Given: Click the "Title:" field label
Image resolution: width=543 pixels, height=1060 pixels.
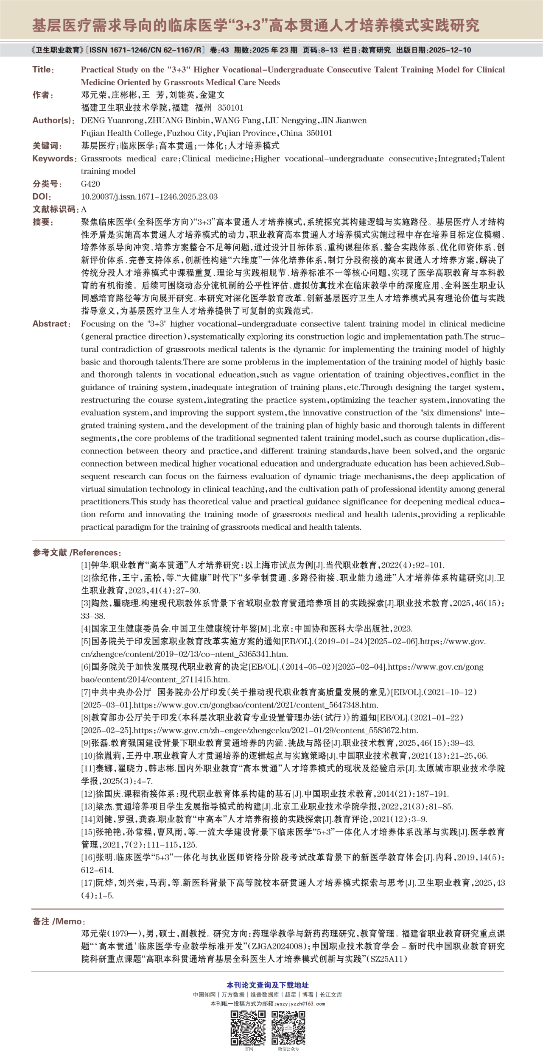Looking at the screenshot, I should tap(43, 70).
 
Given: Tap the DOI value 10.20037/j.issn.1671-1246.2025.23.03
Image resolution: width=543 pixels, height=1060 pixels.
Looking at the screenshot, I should tap(149, 197).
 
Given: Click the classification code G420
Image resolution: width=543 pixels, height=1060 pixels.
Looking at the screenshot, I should tap(90, 184).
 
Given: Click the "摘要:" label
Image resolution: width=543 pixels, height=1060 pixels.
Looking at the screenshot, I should tap(43, 222).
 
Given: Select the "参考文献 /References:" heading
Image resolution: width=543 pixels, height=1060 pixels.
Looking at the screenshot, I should tap(77, 553).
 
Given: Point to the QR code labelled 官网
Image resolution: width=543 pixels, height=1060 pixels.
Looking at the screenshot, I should tap(248, 1028).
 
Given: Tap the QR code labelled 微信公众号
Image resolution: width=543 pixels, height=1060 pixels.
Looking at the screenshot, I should tap(288, 1028).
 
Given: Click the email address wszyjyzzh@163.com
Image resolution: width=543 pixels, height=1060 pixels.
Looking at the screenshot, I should tap(300, 1004).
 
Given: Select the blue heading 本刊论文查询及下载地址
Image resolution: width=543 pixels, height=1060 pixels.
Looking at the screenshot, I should tap(268, 985).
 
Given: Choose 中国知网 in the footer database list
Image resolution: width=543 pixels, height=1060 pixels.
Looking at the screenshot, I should tap(204, 995).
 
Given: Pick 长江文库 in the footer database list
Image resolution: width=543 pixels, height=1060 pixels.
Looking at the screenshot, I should tap(331, 995).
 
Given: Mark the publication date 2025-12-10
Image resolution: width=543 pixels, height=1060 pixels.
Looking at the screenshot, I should tap(450, 50).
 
